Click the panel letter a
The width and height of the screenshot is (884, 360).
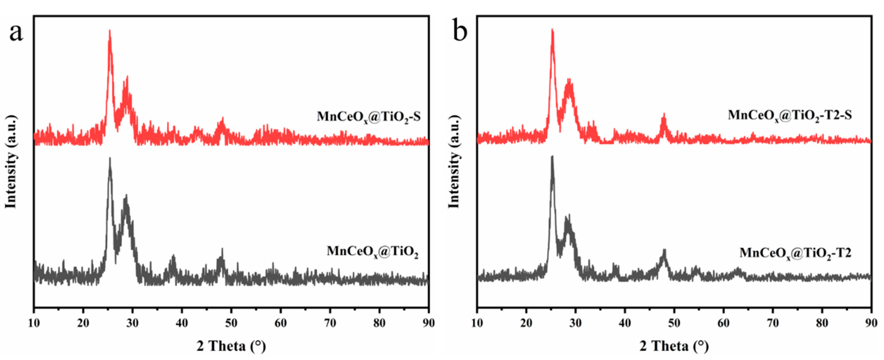click(x=16, y=33)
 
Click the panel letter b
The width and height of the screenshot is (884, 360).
click(x=460, y=32)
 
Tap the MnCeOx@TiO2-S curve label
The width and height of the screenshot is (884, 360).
click(x=368, y=117)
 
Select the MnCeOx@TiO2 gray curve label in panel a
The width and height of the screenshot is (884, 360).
click(x=372, y=252)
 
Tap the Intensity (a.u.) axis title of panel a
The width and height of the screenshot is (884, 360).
click(x=11, y=162)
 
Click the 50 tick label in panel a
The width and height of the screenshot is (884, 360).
click(x=231, y=323)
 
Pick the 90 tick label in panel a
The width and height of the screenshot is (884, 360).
click(x=428, y=323)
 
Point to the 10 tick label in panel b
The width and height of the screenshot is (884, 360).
click(x=477, y=323)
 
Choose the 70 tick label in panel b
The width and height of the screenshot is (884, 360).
click(x=773, y=323)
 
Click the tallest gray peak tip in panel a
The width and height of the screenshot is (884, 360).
click(x=110, y=158)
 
